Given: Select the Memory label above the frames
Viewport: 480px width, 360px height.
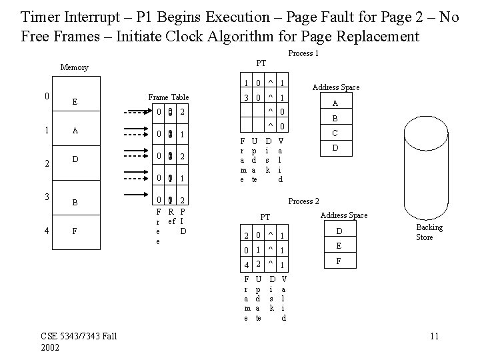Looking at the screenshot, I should (x=74, y=67).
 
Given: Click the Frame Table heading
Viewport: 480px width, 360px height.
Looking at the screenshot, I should (x=169, y=97).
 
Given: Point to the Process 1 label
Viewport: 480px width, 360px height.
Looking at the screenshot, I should (x=303, y=53).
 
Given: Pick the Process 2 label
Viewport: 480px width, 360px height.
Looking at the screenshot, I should (x=303, y=201).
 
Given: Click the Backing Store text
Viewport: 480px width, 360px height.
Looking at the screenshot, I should (x=429, y=233).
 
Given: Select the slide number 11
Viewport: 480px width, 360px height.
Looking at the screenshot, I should (x=434, y=335).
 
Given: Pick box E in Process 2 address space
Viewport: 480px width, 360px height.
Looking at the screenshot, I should (x=338, y=246).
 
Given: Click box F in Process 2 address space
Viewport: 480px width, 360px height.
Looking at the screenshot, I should (x=338, y=262).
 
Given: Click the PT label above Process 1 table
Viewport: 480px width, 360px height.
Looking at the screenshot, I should (x=261, y=63).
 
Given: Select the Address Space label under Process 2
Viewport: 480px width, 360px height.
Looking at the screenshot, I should (x=343, y=215).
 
